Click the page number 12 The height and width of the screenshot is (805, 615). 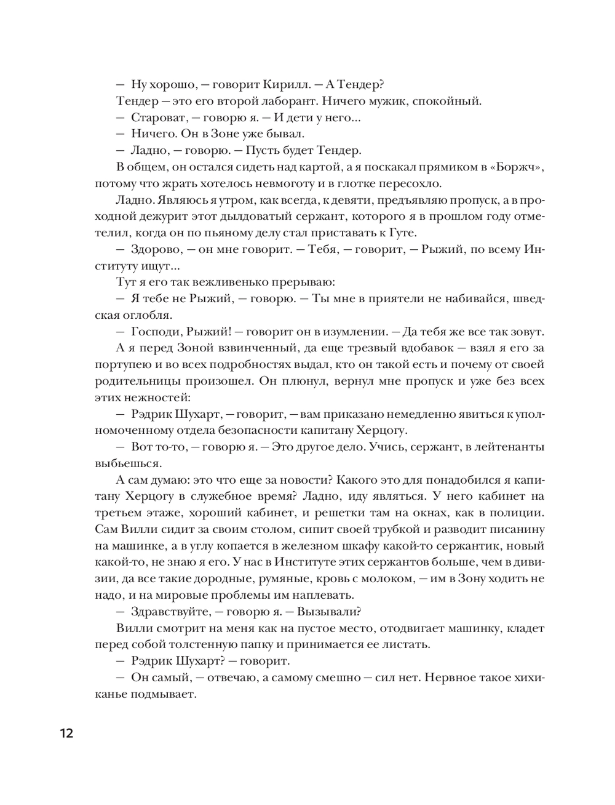point(66,733)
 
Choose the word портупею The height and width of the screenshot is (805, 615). point(121,364)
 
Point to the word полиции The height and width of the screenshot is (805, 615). point(520,512)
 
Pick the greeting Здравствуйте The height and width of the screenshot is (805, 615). point(169,611)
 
